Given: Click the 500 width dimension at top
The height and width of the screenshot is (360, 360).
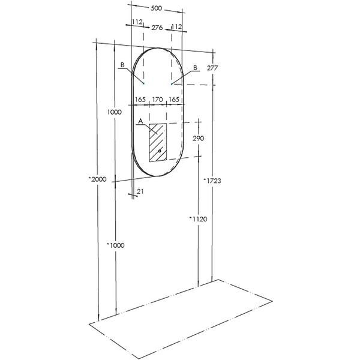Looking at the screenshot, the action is coord(157,8).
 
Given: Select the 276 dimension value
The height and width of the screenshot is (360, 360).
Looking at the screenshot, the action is coord(157,28).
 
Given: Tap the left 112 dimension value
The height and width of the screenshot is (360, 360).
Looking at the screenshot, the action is coord(137,22).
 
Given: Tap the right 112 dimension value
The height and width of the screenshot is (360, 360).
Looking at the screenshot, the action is coord(176,26).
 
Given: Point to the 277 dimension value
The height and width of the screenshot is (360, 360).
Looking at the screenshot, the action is coord(212,68).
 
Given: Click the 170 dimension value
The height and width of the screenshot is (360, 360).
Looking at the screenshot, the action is coord(157,100).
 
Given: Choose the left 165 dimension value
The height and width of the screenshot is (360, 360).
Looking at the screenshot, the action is coord(140,100).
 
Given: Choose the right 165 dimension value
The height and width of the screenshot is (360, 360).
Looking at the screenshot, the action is coord(174,100).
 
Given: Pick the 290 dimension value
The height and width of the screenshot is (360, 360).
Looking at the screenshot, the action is coord(198,139).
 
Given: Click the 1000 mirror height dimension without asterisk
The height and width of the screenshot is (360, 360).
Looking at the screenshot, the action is coord(115,112).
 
